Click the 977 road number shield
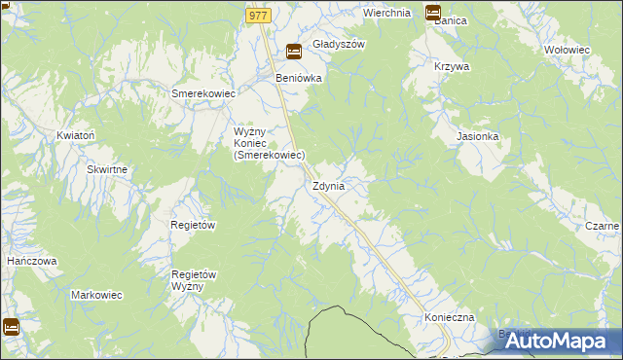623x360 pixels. click(258, 16)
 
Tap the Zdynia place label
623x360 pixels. click(328, 186)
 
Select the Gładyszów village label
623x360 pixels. click(338, 46)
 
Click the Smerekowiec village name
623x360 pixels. click(203, 93)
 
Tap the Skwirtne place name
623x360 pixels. click(107, 169)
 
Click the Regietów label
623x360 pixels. click(193, 225)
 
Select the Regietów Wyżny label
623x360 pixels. click(193, 280)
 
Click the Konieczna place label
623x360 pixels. click(449, 318)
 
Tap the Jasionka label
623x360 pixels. click(478, 137)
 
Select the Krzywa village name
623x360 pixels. click(452, 67)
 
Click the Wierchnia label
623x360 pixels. click(386, 13)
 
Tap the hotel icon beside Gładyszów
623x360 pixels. click(294, 53)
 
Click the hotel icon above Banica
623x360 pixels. click(432, 13)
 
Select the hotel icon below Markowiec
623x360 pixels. click(11, 327)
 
